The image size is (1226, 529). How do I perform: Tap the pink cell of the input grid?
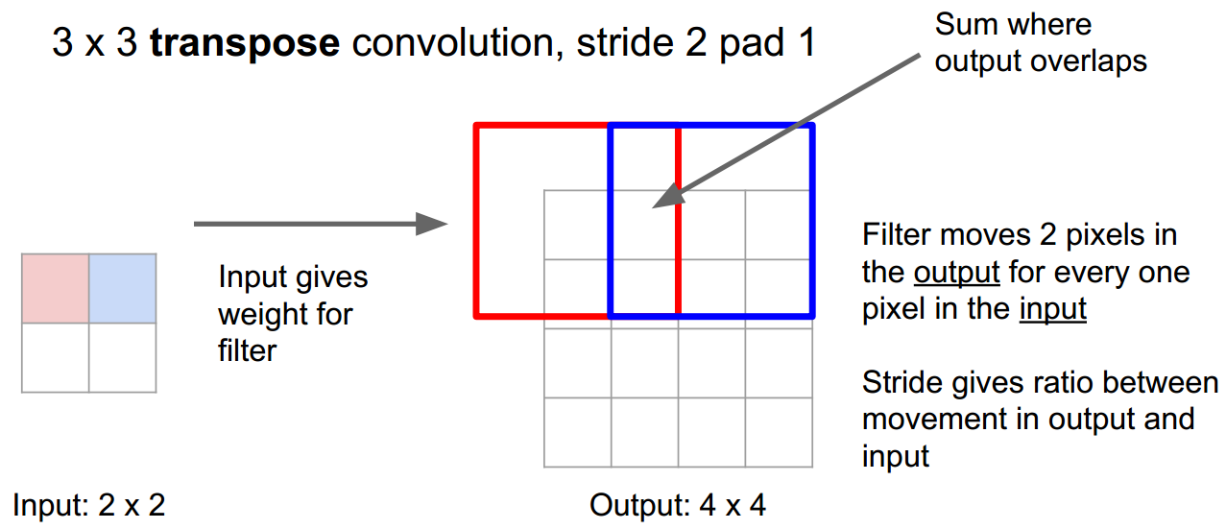56,288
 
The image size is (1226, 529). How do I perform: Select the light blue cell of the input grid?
123,288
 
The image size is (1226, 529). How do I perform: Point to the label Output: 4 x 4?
678,505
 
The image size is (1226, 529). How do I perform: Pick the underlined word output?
956,273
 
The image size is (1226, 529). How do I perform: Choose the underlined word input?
1053,309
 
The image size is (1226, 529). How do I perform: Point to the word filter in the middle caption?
247,350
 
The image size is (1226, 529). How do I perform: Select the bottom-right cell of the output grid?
779,432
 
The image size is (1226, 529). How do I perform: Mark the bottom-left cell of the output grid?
577,432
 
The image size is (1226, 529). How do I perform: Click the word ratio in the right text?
1060,383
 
